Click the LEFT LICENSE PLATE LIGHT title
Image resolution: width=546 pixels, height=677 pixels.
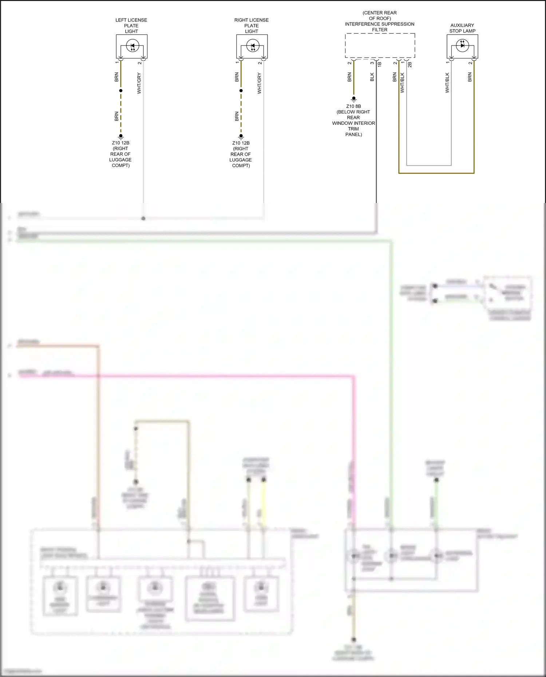click(131, 25)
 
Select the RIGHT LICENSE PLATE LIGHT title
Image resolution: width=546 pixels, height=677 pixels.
click(251, 25)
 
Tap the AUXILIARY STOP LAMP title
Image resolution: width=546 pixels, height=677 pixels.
click(462, 28)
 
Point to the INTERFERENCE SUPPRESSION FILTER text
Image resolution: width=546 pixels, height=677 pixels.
click(380, 24)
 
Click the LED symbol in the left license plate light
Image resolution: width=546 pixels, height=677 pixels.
click(132, 46)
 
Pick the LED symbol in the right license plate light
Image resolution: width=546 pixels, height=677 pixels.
click(252, 46)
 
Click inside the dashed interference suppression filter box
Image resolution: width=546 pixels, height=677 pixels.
click(380, 45)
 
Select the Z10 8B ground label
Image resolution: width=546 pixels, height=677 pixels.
click(353, 106)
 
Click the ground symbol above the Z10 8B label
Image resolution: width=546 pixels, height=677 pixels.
click(353, 99)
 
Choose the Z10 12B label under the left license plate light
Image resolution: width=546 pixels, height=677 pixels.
click(120, 143)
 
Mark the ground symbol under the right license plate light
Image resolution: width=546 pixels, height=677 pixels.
click(241, 137)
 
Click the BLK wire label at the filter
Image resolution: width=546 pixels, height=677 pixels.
click(372, 77)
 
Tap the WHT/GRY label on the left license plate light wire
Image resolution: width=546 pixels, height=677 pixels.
click(139, 83)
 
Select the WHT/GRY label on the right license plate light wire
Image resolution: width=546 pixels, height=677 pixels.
click(259, 83)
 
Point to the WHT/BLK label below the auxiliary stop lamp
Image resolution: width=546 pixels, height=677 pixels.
click(447, 83)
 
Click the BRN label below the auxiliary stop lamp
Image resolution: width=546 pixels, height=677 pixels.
click(470, 77)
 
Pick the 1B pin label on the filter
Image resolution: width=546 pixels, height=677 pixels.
click(379, 64)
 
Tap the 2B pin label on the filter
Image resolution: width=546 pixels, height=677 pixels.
click(410, 64)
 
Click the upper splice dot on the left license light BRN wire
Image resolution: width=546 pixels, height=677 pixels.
click(120, 91)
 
